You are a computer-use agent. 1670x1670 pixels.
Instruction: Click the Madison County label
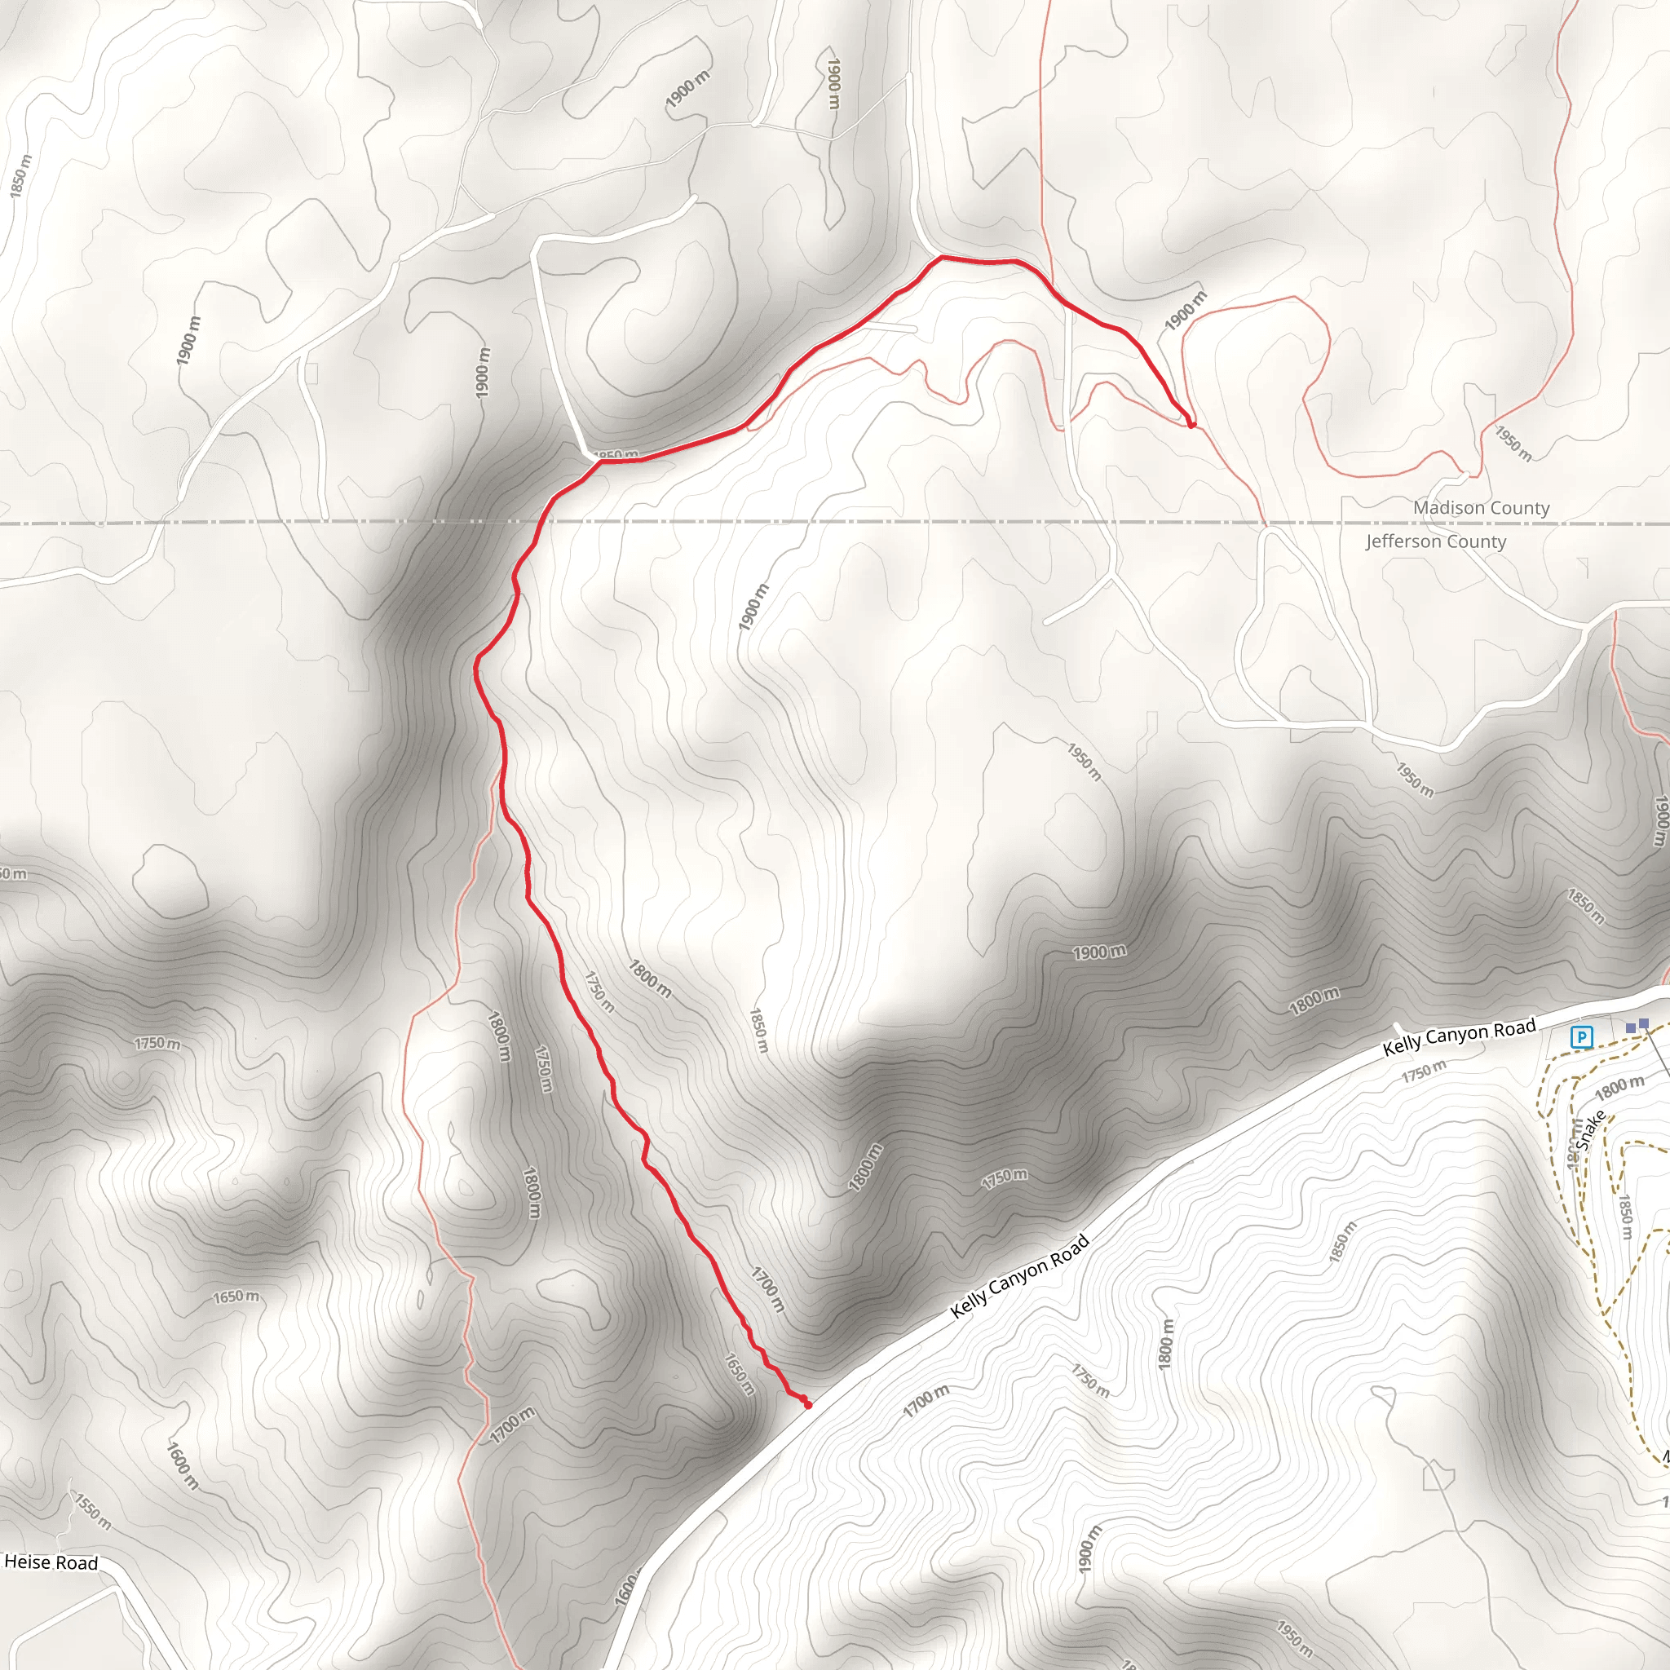click(1481, 508)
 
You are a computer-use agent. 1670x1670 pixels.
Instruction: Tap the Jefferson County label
click(1436, 542)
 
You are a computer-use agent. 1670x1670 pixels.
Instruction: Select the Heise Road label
click(51, 1562)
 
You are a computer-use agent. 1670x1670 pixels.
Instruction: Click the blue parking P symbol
click(1581, 1036)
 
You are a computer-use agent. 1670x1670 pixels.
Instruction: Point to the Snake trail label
click(1589, 1129)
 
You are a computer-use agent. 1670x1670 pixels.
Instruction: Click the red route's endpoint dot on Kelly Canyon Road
click(807, 1405)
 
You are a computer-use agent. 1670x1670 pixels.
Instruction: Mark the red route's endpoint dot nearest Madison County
click(1191, 424)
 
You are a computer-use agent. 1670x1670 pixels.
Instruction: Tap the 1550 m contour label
click(92, 1512)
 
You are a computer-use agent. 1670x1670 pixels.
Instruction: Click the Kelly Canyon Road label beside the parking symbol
click(1458, 1036)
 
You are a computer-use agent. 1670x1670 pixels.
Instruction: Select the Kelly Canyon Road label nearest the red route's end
click(1019, 1278)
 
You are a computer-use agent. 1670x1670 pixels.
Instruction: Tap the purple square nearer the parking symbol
click(1630, 1027)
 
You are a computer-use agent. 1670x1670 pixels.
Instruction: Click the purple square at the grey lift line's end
click(1644, 1023)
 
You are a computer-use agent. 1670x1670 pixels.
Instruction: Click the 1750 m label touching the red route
click(599, 992)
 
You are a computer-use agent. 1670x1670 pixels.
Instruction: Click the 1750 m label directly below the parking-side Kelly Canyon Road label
click(1423, 1071)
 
